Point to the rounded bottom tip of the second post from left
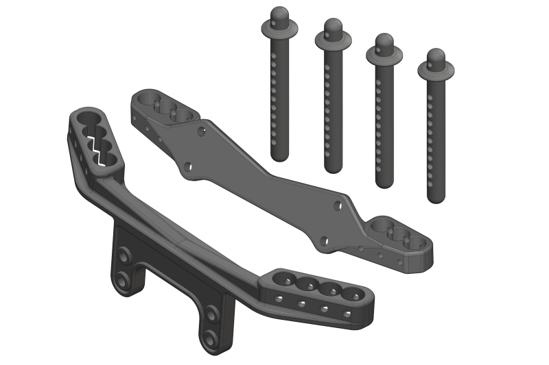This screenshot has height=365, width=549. tap(334, 166)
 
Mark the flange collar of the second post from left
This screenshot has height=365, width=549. tap(334, 39)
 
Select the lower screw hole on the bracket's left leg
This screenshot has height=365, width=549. tap(123, 280)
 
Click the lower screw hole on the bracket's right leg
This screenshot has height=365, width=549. tap(210, 338)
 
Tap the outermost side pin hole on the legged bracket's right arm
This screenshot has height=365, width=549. tap(349, 314)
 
